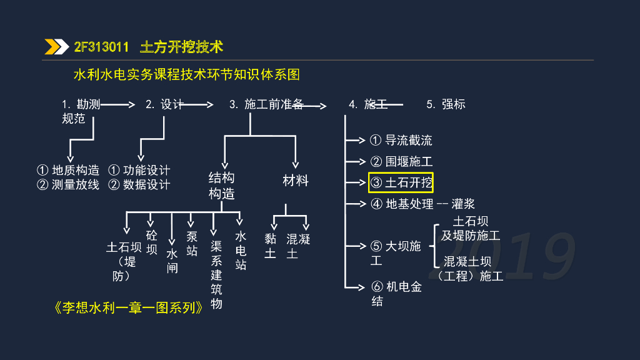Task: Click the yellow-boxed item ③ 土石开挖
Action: pos(401,182)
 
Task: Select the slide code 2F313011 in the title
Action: pos(101,47)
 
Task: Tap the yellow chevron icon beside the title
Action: pos(57,47)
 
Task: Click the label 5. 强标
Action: pos(446,104)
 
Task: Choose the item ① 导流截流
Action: pos(401,141)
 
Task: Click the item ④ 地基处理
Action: pos(402,204)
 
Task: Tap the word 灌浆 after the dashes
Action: pos(463,204)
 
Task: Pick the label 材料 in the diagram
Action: pos(296,181)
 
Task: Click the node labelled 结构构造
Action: pos(221,186)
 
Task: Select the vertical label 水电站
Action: pos(241,251)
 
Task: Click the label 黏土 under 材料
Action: pos(270,246)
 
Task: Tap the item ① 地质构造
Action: pos(68,170)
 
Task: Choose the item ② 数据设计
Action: pos(139,184)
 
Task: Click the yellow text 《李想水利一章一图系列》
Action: pos(129,308)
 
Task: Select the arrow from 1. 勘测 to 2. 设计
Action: pos(117,105)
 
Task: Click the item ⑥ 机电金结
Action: pos(396,294)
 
